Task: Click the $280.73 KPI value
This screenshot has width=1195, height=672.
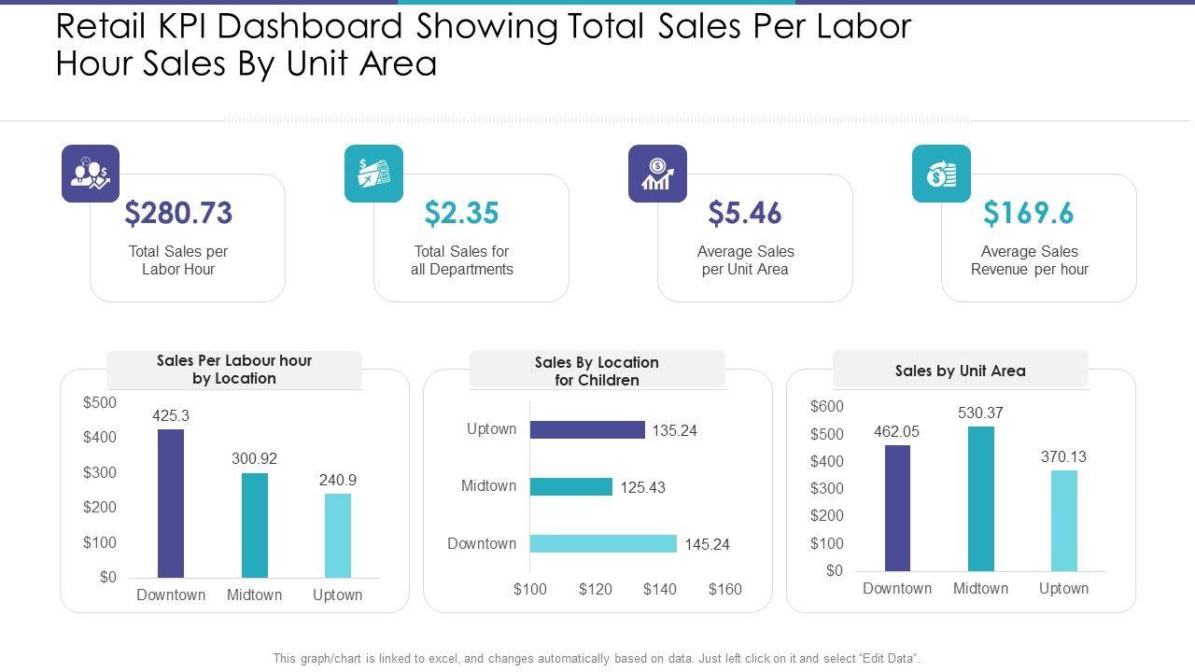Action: (178, 213)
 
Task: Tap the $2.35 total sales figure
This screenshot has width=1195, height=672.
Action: (461, 213)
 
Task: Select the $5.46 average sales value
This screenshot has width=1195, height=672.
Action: (744, 213)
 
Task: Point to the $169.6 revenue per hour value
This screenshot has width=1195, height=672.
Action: (1028, 213)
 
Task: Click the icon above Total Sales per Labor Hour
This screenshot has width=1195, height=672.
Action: (91, 174)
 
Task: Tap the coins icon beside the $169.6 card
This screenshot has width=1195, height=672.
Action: (941, 174)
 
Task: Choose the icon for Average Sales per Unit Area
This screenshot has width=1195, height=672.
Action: (657, 174)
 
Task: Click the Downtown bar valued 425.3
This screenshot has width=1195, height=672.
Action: (171, 503)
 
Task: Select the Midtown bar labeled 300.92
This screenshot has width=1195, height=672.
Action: (254, 525)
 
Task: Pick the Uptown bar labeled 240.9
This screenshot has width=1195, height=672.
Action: (338, 535)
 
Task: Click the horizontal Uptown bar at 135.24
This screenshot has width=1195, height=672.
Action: (587, 430)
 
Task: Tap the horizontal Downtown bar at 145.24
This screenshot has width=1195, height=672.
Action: (603, 543)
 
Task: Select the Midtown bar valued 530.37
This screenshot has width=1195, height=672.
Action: (980, 498)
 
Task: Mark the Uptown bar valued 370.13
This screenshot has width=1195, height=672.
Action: (1063, 520)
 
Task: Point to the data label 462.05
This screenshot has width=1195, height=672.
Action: (897, 431)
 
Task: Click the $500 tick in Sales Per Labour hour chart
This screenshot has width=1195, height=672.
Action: (100, 402)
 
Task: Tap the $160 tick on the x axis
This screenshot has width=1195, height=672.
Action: (724, 589)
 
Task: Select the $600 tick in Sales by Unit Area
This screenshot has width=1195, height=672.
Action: (826, 406)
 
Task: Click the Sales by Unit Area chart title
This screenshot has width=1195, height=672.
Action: (960, 371)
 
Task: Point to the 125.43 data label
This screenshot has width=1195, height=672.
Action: (642, 487)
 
